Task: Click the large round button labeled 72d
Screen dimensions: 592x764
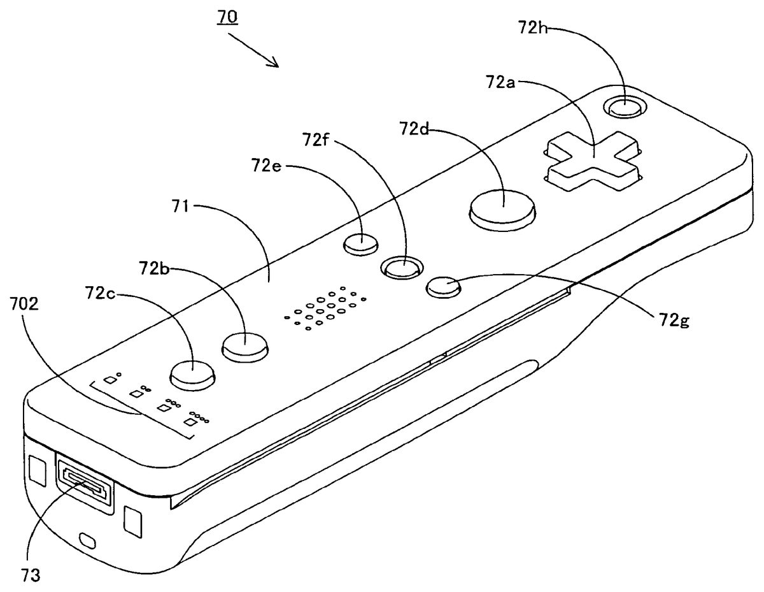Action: tap(502, 208)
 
